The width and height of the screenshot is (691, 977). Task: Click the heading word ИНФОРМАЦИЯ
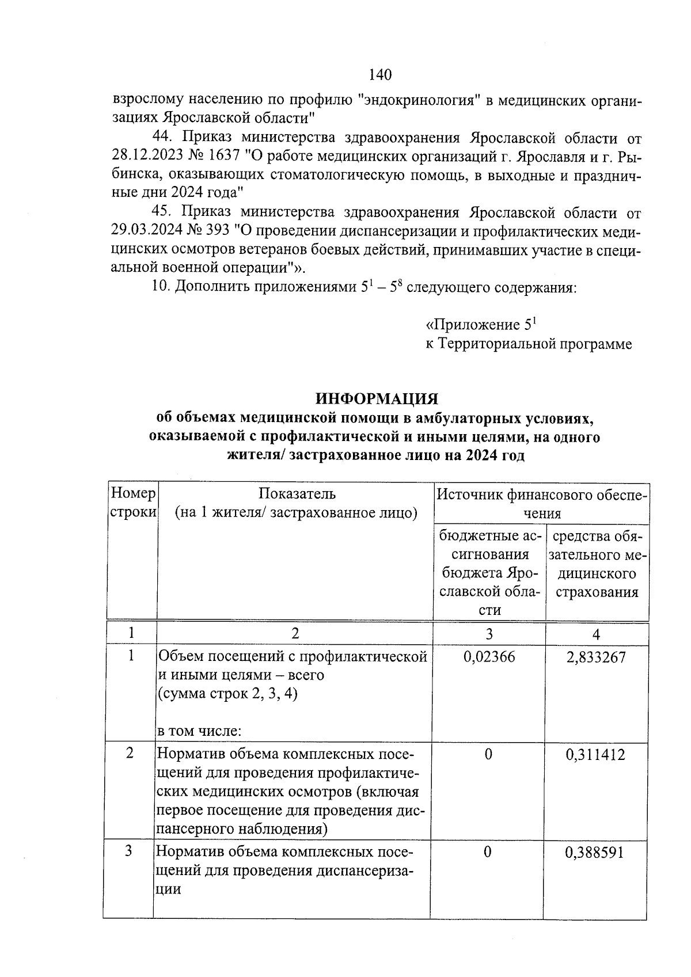(377, 398)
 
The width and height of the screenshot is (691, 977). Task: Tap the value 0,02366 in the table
(489, 657)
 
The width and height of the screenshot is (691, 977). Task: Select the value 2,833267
(596, 657)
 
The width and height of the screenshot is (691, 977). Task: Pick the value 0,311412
(596, 754)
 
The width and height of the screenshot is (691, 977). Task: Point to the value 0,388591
(596, 851)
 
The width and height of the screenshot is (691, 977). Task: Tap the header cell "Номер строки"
(133, 503)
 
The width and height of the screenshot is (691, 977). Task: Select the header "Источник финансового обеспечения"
(541, 503)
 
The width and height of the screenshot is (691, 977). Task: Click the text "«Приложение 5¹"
(481, 325)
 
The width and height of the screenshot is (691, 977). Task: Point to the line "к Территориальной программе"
(529, 344)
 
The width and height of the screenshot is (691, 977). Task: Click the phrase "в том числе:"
(199, 732)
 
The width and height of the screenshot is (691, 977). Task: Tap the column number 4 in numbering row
(596, 634)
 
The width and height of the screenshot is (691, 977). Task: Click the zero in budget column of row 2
(488, 754)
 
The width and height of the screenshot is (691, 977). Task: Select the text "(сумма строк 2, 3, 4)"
(227, 694)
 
